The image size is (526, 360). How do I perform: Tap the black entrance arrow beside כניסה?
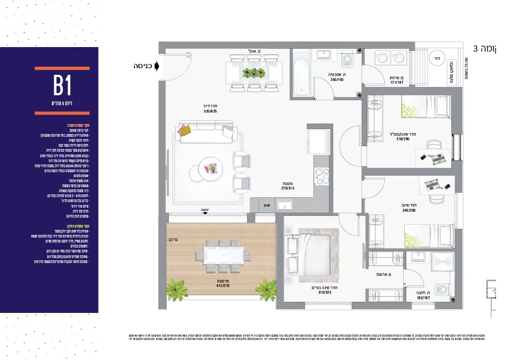point(157,66)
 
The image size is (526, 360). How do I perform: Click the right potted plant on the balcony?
point(267,289)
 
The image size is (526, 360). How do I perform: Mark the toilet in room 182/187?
point(441,290)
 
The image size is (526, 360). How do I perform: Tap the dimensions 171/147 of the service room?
point(396,82)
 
